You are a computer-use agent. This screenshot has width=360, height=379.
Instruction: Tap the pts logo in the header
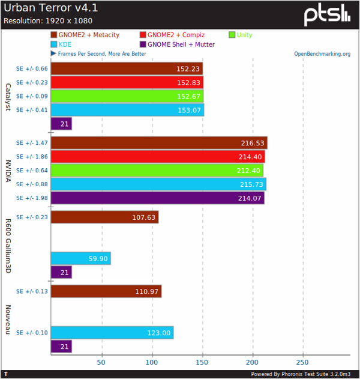326,14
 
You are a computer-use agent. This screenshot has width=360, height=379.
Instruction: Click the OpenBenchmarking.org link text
322,53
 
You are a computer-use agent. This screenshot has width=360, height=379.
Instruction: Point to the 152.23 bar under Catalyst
127,68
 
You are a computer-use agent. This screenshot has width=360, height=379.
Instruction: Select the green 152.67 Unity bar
127,96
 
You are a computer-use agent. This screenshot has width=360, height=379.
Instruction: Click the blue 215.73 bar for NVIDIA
158,184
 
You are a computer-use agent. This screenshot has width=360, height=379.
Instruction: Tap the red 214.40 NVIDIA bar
158,157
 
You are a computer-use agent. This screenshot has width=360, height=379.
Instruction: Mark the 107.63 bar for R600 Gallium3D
104,217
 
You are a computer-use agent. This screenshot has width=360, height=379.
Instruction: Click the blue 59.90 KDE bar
80,259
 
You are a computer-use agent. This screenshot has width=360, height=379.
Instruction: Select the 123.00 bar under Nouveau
112,333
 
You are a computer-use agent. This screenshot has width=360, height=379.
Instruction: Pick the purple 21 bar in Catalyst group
61,124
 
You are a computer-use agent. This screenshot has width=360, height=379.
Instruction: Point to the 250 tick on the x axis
302,363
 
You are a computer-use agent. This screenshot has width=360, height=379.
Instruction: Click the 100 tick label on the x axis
152,363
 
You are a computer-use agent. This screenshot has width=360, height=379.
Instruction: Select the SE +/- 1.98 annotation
31,198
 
